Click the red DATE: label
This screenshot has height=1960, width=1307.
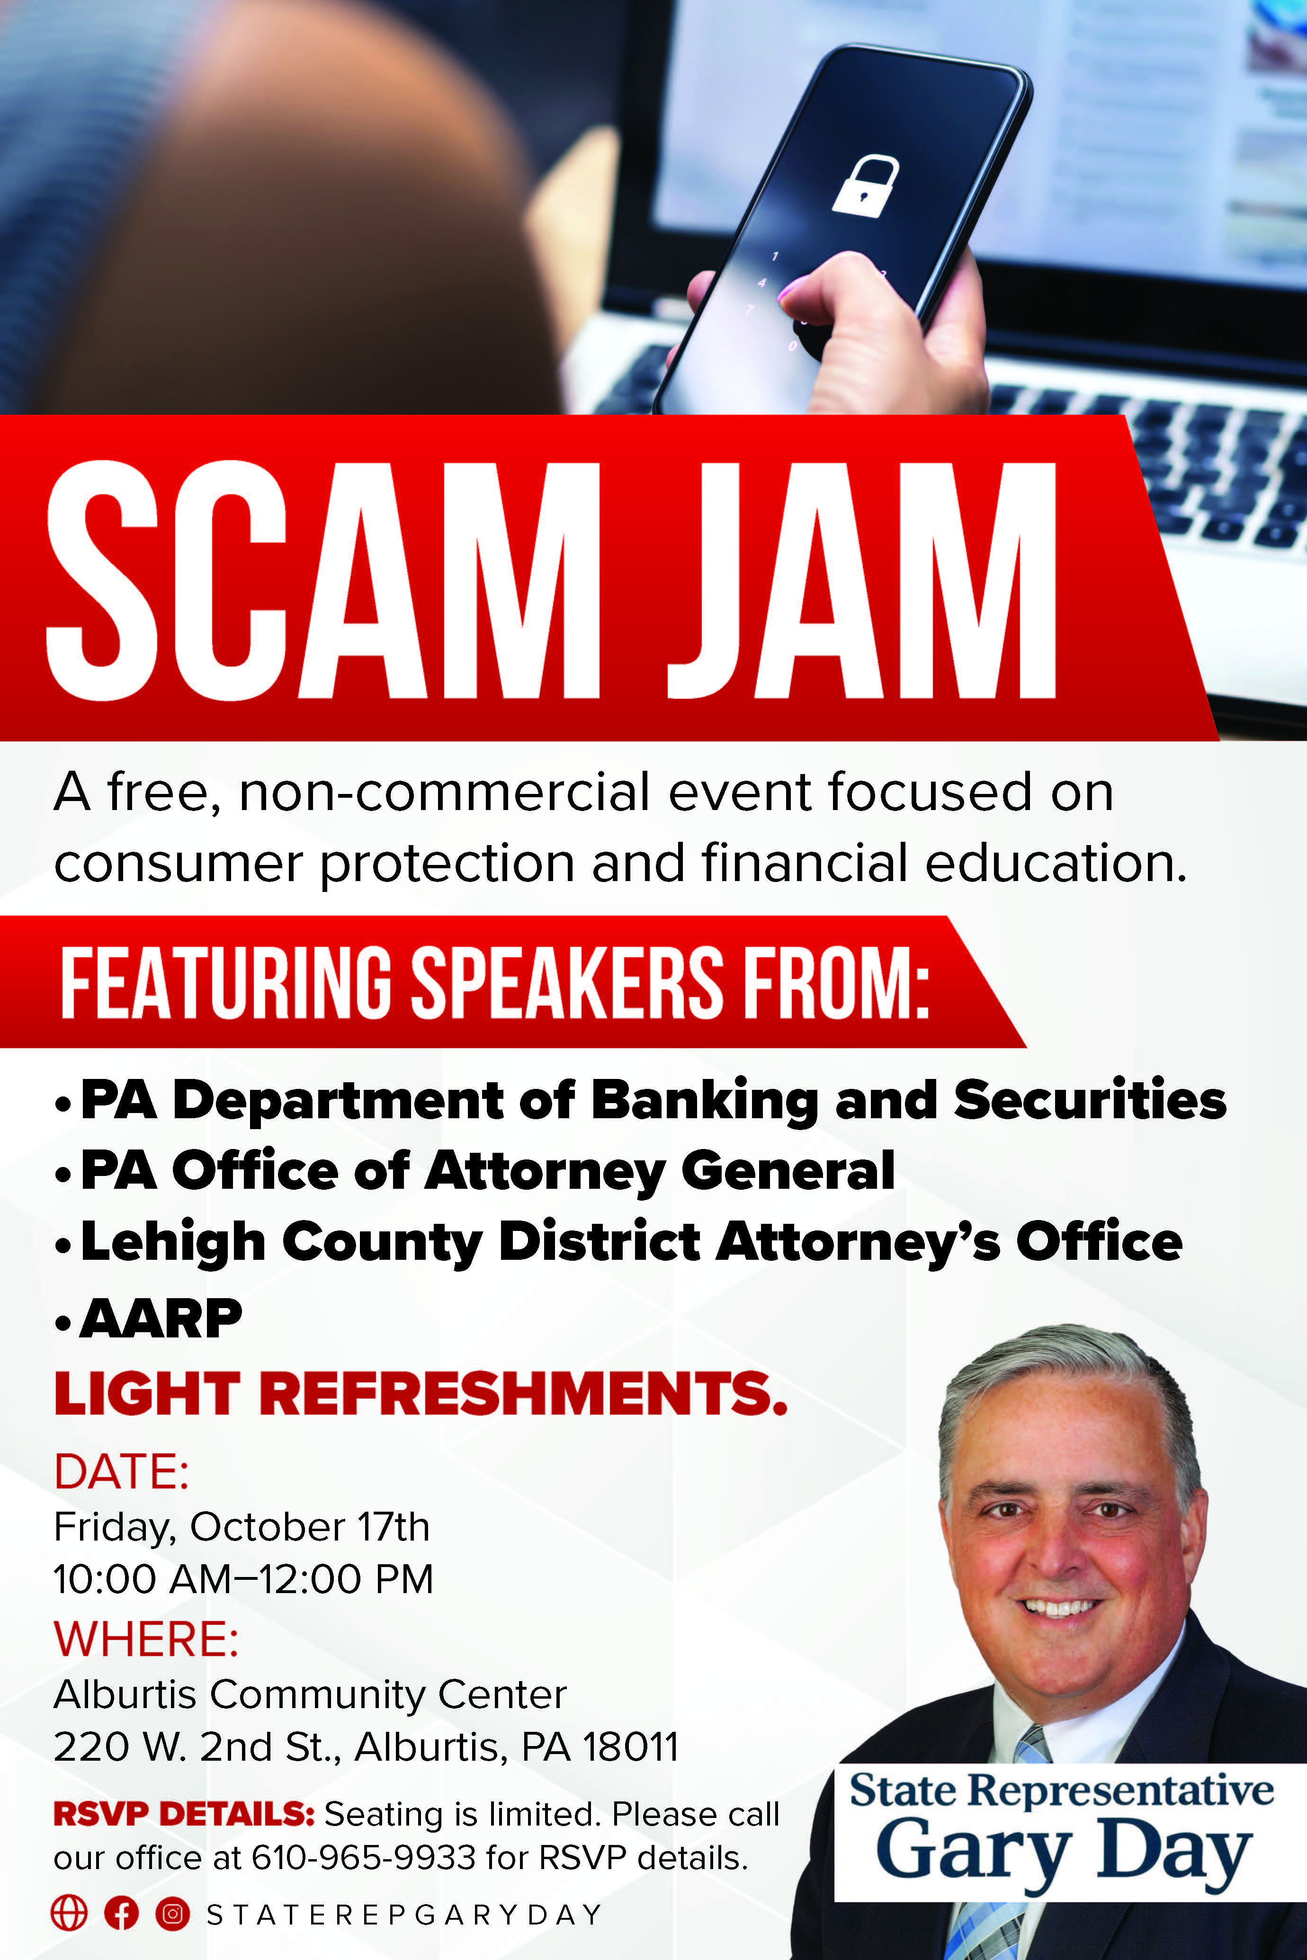point(122,1472)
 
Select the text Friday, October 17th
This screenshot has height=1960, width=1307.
point(242,1527)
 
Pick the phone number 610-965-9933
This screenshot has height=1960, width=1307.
point(363,1857)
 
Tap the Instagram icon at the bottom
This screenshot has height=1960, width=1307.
point(172,1913)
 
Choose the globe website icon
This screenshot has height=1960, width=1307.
point(69,1913)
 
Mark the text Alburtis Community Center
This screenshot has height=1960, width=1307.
point(310,1694)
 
